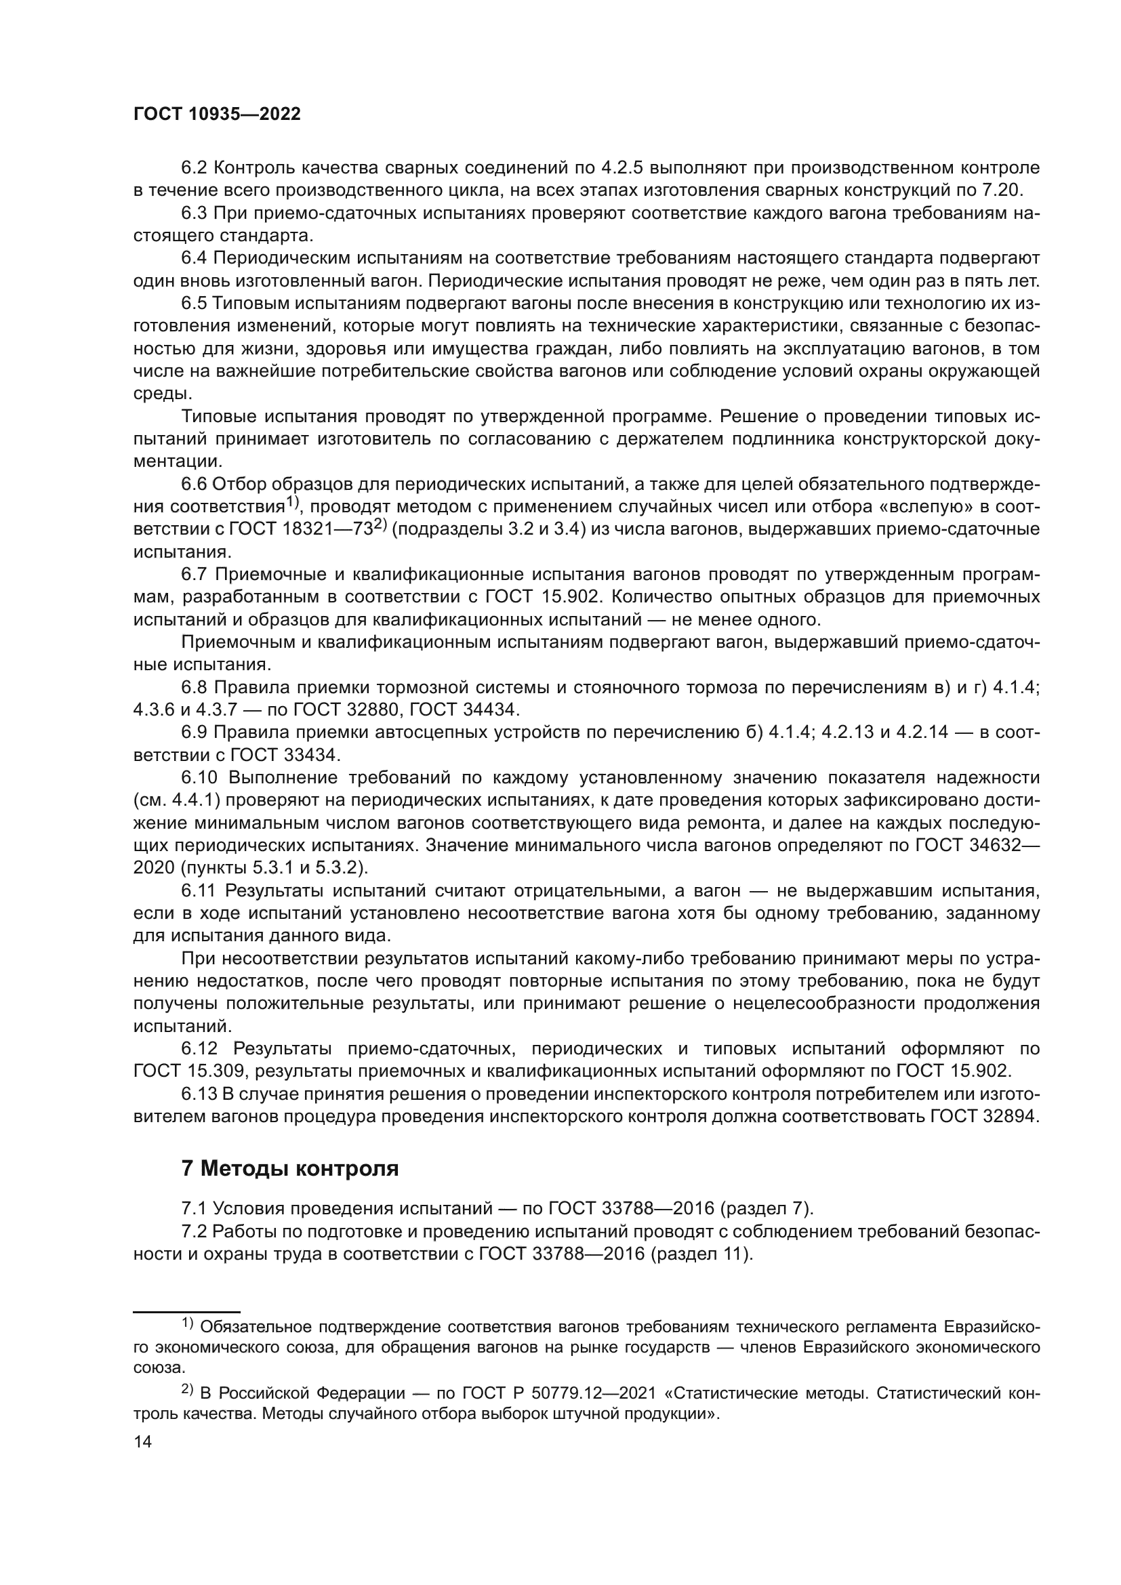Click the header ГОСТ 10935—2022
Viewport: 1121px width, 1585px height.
tap(217, 115)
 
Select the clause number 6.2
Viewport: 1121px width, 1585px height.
tap(195, 168)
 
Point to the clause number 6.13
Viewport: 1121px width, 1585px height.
tap(199, 1094)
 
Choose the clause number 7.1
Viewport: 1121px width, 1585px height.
tap(195, 1209)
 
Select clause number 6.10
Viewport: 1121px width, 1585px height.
tap(199, 778)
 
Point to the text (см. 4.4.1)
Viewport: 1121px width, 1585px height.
tap(177, 801)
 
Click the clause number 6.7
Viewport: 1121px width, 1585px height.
tap(195, 575)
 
